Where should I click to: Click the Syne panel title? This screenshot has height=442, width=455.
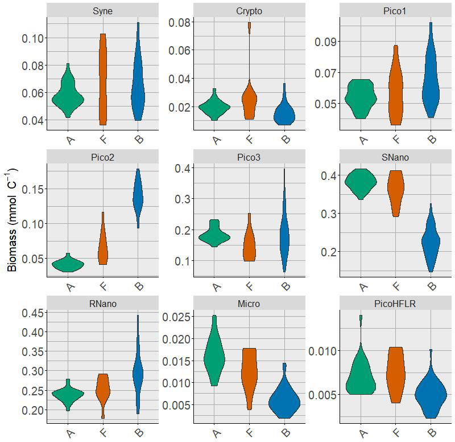[102, 11]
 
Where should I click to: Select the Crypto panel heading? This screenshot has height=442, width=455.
[249, 11]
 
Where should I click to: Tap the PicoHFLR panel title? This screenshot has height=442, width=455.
[396, 304]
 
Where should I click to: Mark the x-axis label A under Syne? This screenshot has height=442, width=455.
[69, 140]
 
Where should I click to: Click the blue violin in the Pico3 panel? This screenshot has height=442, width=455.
[284, 234]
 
